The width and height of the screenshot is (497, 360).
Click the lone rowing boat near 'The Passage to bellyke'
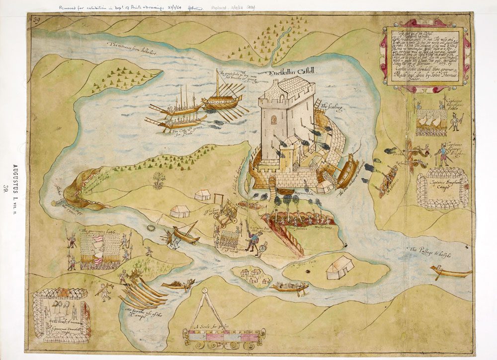point(450,272)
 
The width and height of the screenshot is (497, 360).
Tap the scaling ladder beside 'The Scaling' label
point(317,106)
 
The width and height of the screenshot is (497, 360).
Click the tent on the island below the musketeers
point(340,268)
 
